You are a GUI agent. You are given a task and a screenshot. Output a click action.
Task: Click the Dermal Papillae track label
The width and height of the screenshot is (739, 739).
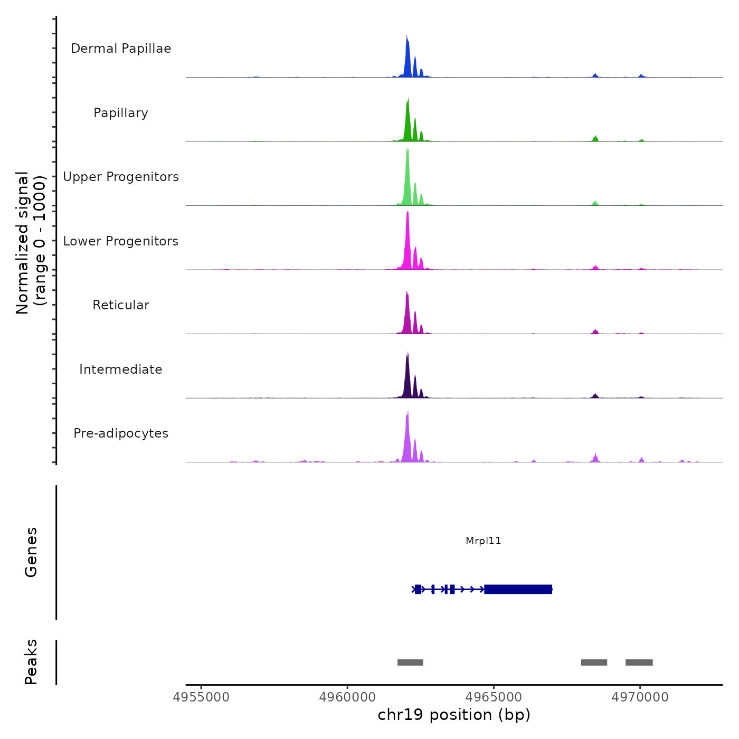[121, 49]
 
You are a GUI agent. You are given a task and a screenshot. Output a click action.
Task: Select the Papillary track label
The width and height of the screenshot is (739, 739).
[121, 113]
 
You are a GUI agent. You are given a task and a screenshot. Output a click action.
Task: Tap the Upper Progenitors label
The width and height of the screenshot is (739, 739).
[121, 177]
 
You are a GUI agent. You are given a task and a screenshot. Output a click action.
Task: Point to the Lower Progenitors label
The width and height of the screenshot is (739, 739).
[121, 241]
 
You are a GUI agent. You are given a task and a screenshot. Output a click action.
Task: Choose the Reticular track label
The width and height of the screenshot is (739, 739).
[121, 305]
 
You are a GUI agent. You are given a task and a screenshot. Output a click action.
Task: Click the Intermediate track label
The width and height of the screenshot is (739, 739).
[121, 369]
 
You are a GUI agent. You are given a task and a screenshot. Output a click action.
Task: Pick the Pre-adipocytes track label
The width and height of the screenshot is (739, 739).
[121, 433]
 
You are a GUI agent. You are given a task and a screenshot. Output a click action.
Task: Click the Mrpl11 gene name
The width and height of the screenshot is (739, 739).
[483, 541]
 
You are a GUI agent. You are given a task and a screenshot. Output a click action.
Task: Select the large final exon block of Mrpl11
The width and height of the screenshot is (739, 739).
[518, 589]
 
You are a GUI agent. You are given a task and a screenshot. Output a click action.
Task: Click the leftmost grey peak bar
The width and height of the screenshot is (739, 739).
[410, 662]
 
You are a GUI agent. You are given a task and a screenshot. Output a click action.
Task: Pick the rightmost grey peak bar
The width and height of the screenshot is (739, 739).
[639, 662]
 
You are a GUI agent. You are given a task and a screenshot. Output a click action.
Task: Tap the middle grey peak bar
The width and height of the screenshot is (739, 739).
[594, 662]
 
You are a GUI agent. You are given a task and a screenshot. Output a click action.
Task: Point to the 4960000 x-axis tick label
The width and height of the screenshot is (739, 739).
[347, 697]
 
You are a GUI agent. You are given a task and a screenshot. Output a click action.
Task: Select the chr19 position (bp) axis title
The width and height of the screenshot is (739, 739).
[454, 715]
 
